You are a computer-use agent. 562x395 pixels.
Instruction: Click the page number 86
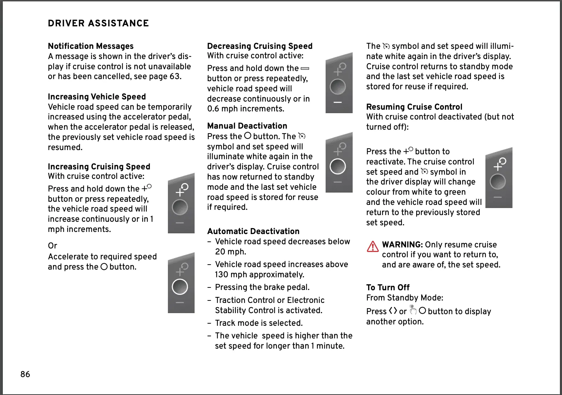(25, 374)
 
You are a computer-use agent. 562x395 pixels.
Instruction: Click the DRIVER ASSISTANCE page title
(98, 24)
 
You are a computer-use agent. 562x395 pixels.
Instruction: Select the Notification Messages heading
(91, 46)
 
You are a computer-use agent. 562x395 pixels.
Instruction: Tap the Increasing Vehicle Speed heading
(97, 97)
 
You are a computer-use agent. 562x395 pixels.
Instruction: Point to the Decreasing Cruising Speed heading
(260, 46)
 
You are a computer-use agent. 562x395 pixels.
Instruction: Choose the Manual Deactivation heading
(247, 126)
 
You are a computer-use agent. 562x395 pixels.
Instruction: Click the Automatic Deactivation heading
(253, 231)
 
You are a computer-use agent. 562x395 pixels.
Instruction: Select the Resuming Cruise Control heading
(414, 107)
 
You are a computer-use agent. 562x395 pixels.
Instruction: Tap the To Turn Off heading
(388, 287)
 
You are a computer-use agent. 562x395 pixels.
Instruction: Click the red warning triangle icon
(373, 247)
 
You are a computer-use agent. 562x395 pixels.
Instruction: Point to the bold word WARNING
(402, 245)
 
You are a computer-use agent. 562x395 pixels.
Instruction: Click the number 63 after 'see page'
(175, 76)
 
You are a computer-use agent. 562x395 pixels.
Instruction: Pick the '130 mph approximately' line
(260, 274)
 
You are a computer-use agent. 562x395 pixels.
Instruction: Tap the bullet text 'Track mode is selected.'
(259, 323)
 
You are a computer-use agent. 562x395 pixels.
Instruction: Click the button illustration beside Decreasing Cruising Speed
(339, 83)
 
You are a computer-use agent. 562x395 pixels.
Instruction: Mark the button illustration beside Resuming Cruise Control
(498, 178)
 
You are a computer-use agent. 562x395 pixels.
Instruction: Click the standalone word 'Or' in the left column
(52, 246)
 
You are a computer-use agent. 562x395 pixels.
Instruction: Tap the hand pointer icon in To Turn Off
(413, 310)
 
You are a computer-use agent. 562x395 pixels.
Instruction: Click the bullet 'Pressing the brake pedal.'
(262, 287)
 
